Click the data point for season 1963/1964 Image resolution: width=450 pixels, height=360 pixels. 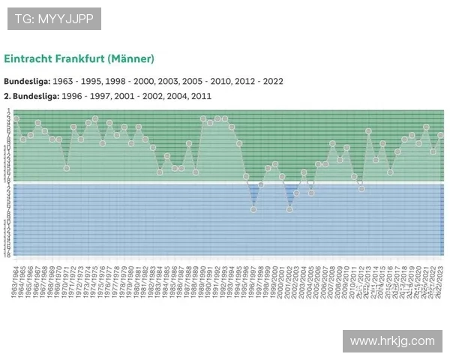pyautogui.click(x=16, y=118)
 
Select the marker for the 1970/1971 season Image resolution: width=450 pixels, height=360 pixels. pyautogui.click(x=67, y=168)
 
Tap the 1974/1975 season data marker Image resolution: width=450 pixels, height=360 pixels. pyautogui.click(x=95, y=118)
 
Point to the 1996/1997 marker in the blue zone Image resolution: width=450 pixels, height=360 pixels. pyautogui.click(x=253, y=209)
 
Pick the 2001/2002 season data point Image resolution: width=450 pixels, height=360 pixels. pyautogui.click(x=289, y=209)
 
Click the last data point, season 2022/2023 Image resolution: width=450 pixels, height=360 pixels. pyautogui.click(x=441, y=135)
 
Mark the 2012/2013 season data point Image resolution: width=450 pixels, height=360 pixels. pyautogui.click(x=368, y=131)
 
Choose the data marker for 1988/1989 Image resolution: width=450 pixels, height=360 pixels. pyautogui.click(x=196, y=172)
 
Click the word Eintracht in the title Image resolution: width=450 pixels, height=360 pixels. pyautogui.click(x=28, y=58)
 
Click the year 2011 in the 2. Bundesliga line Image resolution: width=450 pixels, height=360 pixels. pyautogui.click(x=201, y=96)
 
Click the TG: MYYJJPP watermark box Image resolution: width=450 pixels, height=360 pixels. pyautogui.click(x=54, y=19)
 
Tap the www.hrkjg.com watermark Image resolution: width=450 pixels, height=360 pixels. pyautogui.click(x=392, y=341)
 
